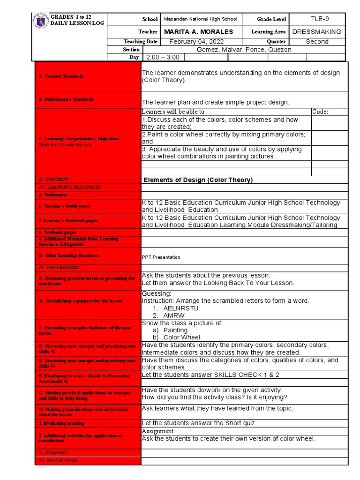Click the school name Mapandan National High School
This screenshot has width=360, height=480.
[200, 19]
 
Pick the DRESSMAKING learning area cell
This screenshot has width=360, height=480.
[317, 32]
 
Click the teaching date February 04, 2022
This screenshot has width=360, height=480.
[197, 42]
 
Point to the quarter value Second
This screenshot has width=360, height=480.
[317, 42]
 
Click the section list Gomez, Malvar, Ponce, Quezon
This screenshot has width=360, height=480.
[244, 50]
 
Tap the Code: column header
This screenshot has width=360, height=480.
[320, 112]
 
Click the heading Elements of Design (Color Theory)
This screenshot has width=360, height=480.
[198, 180]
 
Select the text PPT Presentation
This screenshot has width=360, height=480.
[161, 257]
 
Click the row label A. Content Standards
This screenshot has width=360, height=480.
[55, 76]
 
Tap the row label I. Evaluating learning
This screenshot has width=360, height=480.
[61, 423]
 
